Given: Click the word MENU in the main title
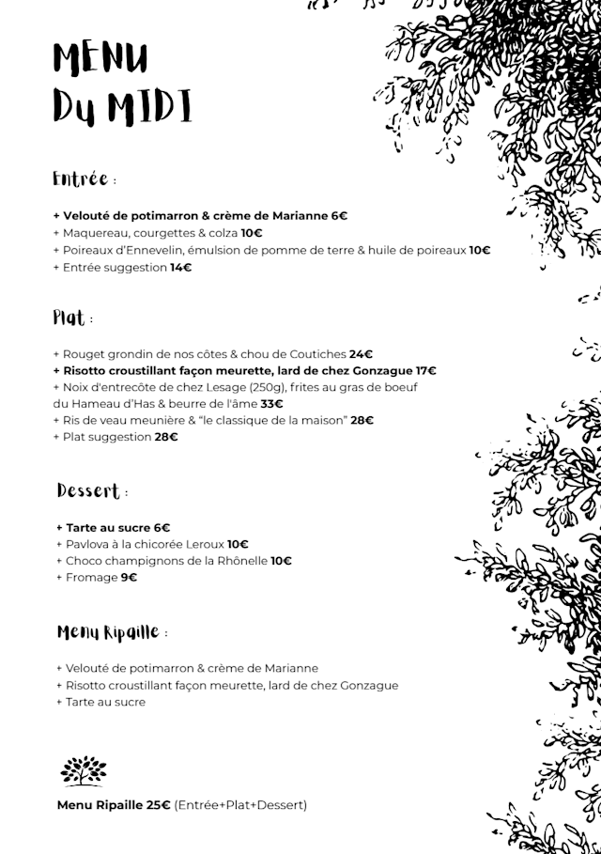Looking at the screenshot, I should [100, 58].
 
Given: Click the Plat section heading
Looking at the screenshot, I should [69, 318].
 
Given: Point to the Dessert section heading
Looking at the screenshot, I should [88, 490].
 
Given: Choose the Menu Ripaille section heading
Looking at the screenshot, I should [107, 631].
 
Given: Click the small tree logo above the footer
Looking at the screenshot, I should [84, 770].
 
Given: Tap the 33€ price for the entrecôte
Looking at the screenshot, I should [272, 404].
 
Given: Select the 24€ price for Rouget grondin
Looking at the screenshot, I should [362, 354].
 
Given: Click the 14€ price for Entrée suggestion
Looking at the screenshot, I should [180, 268].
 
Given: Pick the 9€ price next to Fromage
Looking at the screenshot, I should [129, 578].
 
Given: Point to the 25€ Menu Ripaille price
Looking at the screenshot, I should [158, 805].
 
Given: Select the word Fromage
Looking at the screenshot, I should [91, 578].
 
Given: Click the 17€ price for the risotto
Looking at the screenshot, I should [425, 371].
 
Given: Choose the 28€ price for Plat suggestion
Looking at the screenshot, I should [166, 437].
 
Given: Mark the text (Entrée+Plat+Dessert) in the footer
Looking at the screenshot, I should [240, 805].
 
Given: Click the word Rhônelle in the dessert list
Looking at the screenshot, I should [242, 561].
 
